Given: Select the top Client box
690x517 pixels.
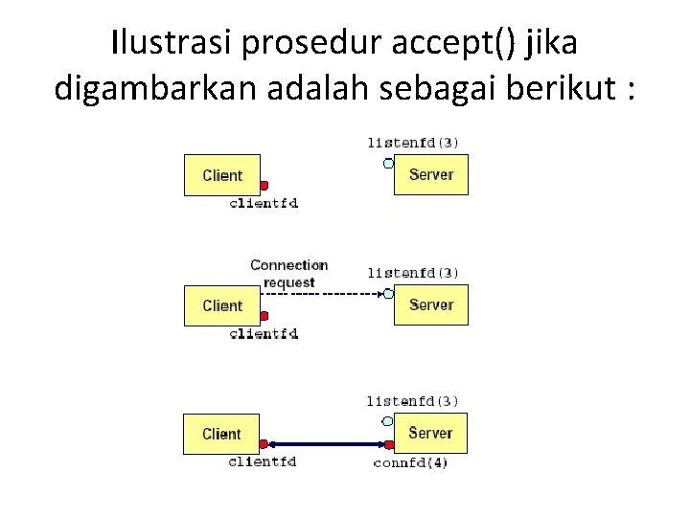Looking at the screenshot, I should coord(221,175).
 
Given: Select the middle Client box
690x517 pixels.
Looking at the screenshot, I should coord(221,305).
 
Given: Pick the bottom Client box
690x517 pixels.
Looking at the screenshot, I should coord(221,434).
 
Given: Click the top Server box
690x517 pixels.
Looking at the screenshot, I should coord(430,174).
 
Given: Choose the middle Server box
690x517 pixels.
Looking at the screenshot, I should coord(430,304).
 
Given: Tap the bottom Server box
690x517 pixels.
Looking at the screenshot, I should coord(430,433).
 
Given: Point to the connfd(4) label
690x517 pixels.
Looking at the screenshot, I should coord(410,463).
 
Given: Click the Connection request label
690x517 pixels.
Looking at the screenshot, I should coord(288,273).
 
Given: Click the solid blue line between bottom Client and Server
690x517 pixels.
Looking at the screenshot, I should coord(326,444).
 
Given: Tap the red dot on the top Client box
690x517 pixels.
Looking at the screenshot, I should coord(264,186).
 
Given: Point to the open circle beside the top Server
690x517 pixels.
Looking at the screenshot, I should coord(388,163).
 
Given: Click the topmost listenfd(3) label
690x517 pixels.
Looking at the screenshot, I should coord(413,143).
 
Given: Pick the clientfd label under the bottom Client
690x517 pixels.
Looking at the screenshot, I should coord(263,461).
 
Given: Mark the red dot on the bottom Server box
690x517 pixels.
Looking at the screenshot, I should coord(390,444).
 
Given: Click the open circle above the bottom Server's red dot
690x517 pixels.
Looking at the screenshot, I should coord(387,420).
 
